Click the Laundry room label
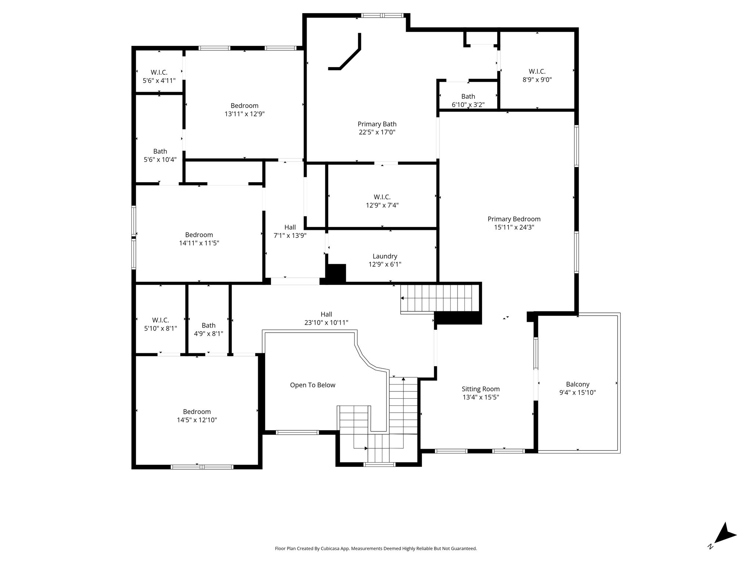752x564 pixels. point(385,256)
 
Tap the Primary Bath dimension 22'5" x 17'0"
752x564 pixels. point(377,132)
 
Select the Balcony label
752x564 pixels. point(578,384)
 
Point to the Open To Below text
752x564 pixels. point(313,385)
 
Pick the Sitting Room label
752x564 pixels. point(481,389)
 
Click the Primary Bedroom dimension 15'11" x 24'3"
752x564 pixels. point(514,227)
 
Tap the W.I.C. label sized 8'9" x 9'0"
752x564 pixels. point(537,72)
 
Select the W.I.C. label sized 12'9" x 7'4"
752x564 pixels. point(382,197)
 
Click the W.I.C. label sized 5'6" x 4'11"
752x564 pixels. point(159,73)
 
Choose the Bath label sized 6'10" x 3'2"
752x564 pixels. point(468,97)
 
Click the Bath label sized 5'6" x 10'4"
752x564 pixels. point(160,152)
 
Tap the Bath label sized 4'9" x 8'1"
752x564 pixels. point(209,326)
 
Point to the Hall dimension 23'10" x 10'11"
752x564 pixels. point(326,323)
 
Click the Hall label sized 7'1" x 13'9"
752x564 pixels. point(290,228)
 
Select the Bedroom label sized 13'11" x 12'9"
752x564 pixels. point(245,106)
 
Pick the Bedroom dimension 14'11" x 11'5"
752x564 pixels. point(199,243)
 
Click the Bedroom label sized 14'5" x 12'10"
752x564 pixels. point(197,412)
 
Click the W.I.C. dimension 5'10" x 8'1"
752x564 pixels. point(160,329)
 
